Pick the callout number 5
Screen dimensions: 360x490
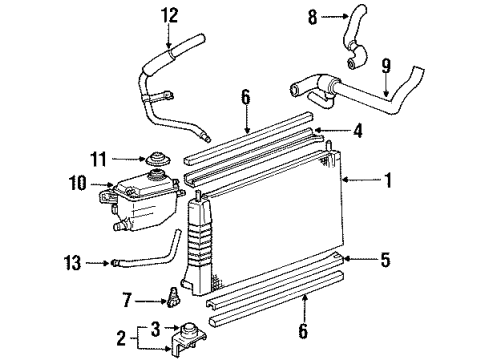tap(386, 262)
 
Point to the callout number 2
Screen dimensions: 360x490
tap(122, 339)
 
